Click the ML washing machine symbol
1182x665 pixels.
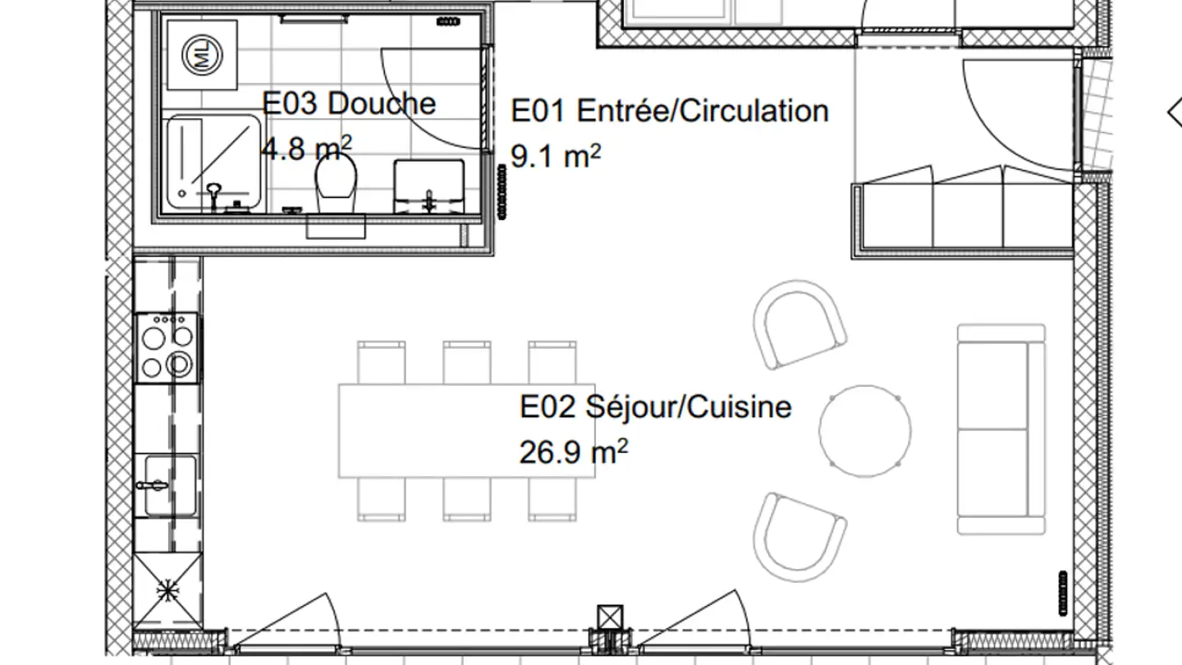pyautogui.click(x=202, y=55)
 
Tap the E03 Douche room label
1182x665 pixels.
pyautogui.click(x=349, y=103)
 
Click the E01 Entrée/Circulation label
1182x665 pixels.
pyautogui.click(x=670, y=111)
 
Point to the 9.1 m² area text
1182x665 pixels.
pyautogui.click(x=556, y=156)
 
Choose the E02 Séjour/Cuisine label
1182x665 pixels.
pyautogui.click(x=655, y=407)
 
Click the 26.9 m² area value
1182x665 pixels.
pyautogui.click(x=574, y=452)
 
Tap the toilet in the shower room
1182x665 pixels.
pyautogui.click(x=336, y=182)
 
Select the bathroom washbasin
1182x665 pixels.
pyautogui.click(x=429, y=186)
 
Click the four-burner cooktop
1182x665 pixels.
pyautogui.click(x=167, y=348)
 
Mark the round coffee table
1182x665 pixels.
pyautogui.click(x=865, y=431)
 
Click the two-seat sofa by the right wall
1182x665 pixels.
pyautogui.click(x=1001, y=429)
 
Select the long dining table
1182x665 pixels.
pyautogui.click(x=466, y=431)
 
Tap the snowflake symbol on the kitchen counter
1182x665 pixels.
pyautogui.click(x=167, y=590)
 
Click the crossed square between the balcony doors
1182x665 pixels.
pyautogui.click(x=610, y=617)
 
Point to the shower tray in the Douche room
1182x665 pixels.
pyautogui.click(x=213, y=163)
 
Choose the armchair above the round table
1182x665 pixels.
pyautogui.click(x=799, y=324)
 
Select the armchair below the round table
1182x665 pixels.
pyautogui.click(x=799, y=537)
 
